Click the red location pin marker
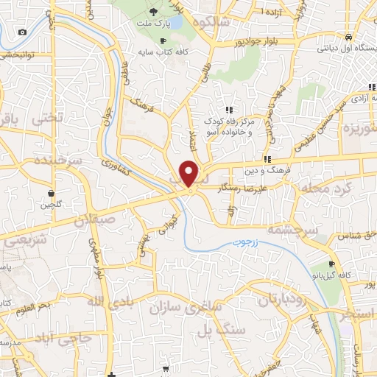[x=190, y=174]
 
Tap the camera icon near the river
[x=22, y=32]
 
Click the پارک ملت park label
[x=153, y=24]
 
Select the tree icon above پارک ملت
[x=153, y=11]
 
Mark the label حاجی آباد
[x=63, y=338]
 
